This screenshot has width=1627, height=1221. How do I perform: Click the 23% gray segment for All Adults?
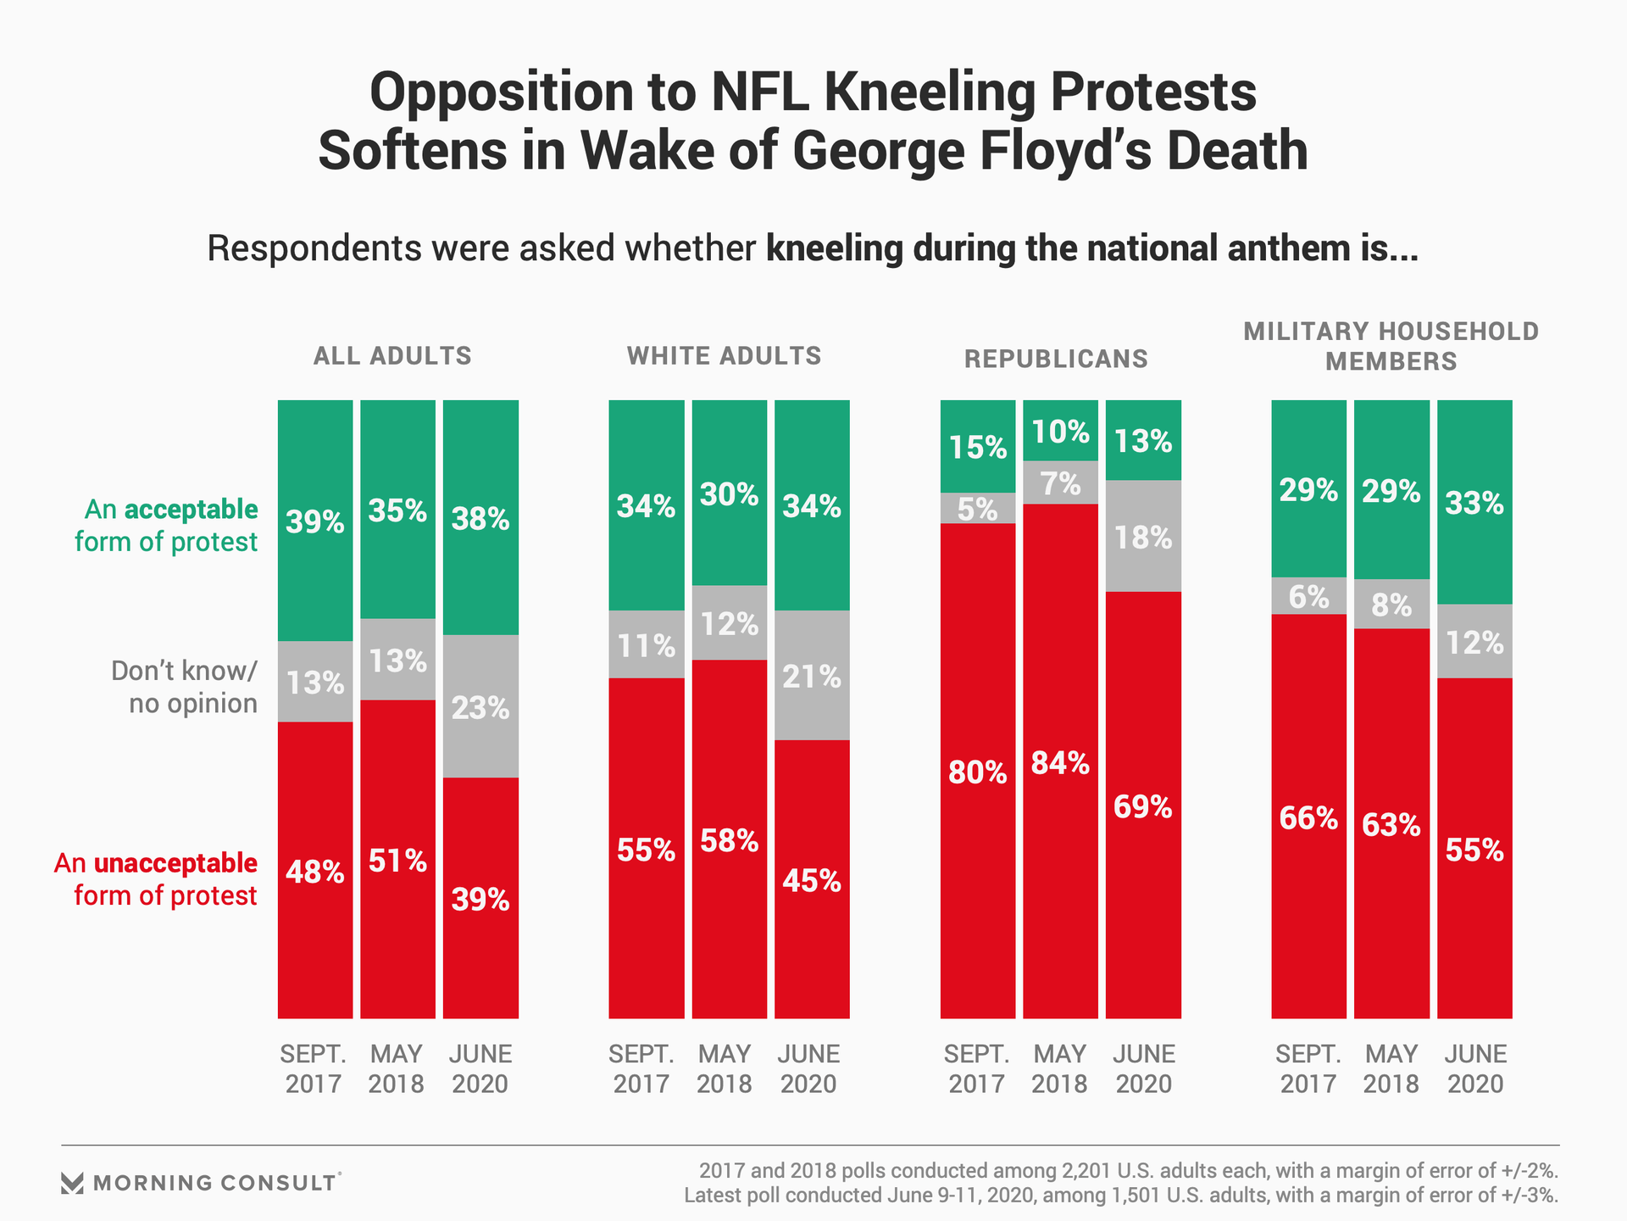tap(480, 706)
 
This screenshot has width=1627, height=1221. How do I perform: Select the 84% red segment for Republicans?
tap(1060, 762)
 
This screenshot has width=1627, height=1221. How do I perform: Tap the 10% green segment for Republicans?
tap(1060, 432)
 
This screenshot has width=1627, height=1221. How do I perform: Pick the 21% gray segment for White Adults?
tap(812, 676)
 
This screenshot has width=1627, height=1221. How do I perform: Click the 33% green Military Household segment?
tap(1474, 503)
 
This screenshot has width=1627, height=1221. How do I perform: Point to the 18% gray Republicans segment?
tap(1143, 537)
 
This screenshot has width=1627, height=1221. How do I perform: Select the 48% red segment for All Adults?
tap(314, 871)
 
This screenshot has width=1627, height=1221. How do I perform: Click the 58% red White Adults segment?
tap(729, 840)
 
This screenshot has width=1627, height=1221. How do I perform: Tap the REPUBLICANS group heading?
tap(1056, 359)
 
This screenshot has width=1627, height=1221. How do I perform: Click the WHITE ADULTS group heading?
tap(725, 355)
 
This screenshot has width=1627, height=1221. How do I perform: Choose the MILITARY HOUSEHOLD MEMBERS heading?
tap(1391, 346)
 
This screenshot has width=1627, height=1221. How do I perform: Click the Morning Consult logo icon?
tap(73, 1183)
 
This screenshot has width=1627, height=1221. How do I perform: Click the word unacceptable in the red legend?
tap(175, 863)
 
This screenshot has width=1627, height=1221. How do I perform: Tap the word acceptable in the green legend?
tap(192, 510)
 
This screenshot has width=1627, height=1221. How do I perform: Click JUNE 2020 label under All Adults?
tap(480, 1068)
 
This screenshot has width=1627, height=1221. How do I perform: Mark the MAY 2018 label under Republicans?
tap(1059, 1068)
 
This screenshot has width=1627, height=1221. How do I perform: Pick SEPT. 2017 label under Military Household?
tap(1308, 1068)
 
